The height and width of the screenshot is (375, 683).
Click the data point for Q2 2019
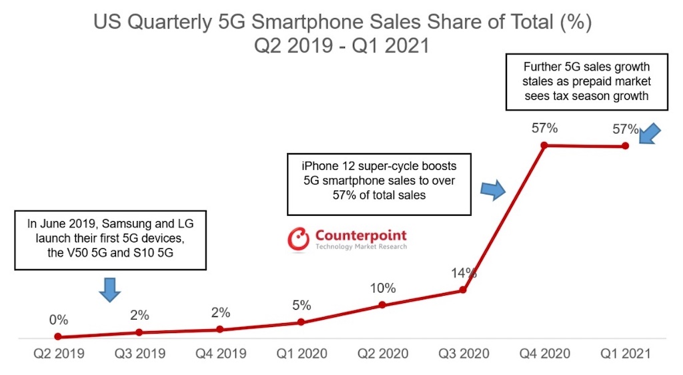58,337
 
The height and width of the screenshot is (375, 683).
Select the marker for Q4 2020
544,145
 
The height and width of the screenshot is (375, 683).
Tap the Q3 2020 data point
463,290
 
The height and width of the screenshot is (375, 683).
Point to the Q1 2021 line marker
626,146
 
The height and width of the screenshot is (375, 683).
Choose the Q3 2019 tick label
139,354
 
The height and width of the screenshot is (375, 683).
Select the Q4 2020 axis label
544,354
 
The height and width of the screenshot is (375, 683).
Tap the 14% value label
463,272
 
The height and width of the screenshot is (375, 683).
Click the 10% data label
382,288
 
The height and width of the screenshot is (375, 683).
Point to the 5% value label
301,306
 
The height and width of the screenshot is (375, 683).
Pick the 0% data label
58,320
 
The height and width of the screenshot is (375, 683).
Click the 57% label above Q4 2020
544,128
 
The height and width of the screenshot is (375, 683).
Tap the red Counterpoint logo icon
297,238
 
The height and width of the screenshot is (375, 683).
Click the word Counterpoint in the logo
360,235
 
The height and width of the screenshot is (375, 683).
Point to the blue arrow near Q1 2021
651,133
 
